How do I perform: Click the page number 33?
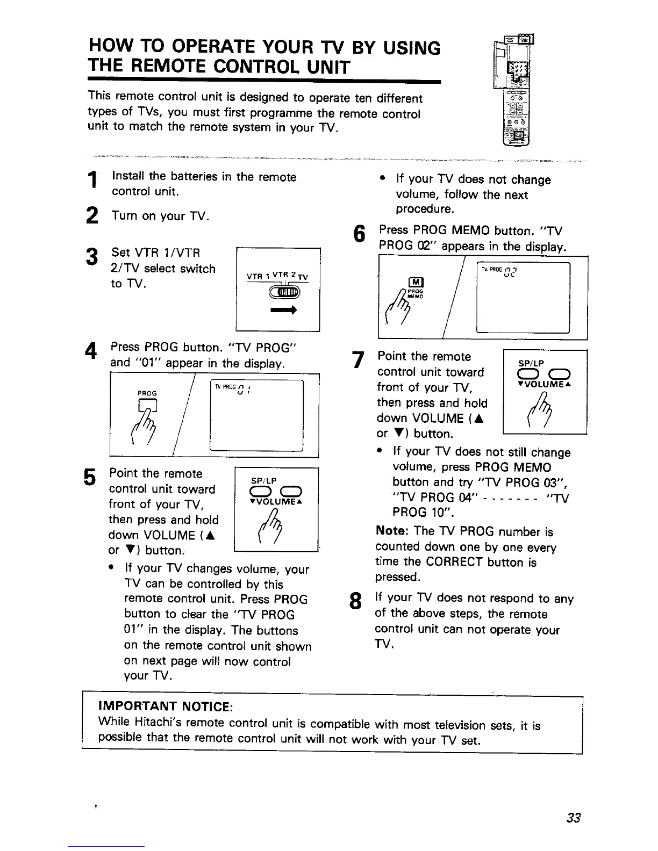[x=573, y=818]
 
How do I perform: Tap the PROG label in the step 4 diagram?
[x=144, y=393]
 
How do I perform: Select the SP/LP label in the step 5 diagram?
[x=263, y=481]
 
